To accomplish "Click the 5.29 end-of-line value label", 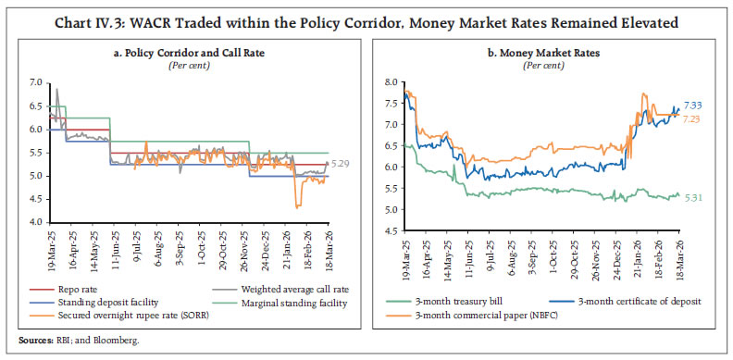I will [x=341, y=164].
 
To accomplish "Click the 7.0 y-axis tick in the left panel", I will [x=34, y=82].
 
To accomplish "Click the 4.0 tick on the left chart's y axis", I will [x=34, y=223].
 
